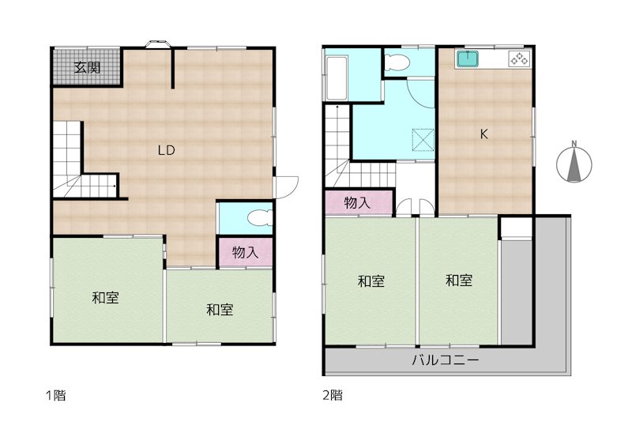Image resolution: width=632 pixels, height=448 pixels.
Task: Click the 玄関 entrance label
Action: [x=87, y=67]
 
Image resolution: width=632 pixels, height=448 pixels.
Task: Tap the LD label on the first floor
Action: [x=166, y=150]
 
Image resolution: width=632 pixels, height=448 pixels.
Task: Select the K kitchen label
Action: [x=483, y=134]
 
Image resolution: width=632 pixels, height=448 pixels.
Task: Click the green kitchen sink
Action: [x=467, y=59]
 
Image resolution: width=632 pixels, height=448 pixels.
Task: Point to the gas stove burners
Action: [x=520, y=59]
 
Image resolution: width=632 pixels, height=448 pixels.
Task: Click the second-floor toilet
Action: [x=397, y=62]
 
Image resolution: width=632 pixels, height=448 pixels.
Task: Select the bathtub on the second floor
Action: [x=337, y=78]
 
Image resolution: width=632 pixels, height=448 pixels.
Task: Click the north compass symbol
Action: [x=574, y=165]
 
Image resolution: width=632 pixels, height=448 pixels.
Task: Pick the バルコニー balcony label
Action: [x=445, y=360]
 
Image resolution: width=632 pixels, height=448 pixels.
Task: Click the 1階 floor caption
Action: [x=55, y=395]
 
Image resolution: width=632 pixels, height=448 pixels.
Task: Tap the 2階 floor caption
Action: [x=333, y=395]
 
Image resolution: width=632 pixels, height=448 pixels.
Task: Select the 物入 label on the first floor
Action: [x=245, y=253]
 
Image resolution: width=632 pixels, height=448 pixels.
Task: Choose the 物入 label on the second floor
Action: [x=357, y=203]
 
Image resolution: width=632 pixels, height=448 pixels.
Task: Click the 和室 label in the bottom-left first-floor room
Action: [x=105, y=298]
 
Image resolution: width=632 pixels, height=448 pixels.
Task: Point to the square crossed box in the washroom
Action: [x=423, y=140]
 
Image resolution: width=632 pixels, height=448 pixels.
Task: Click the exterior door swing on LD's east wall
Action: [x=287, y=187]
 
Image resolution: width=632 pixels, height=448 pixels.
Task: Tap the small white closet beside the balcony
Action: [x=517, y=228]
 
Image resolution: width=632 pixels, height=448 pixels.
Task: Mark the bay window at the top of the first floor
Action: [x=157, y=44]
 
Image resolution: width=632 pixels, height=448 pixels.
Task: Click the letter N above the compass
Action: [x=574, y=144]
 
